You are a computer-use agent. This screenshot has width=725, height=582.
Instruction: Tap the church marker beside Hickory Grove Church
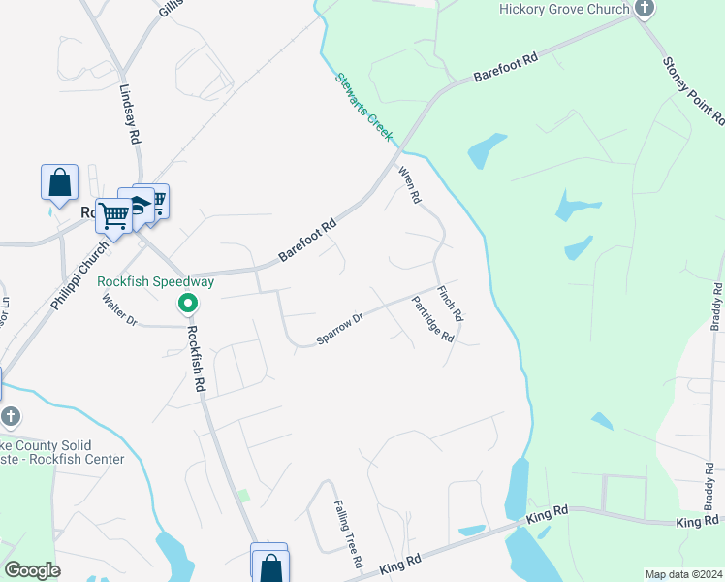pyautogui.click(x=645, y=9)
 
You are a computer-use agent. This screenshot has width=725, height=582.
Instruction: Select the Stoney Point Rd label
pyautogui.click(x=693, y=90)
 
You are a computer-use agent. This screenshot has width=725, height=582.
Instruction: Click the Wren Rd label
pyautogui.click(x=410, y=184)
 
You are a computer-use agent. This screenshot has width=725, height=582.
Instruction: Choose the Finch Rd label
pyautogui.click(x=451, y=304)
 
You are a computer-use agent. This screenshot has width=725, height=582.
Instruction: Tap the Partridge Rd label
pyautogui.click(x=432, y=319)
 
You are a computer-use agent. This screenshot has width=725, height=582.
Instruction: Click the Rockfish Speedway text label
pyautogui.click(x=156, y=281)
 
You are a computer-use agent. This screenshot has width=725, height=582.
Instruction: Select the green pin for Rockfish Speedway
pyautogui.click(x=188, y=305)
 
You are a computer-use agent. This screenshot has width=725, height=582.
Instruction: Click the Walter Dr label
pyautogui.click(x=120, y=309)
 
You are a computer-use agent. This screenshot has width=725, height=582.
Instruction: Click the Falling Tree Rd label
pyautogui.click(x=348, y=534)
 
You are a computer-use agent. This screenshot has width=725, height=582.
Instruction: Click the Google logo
pyautogui.click(x=32, y=570)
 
